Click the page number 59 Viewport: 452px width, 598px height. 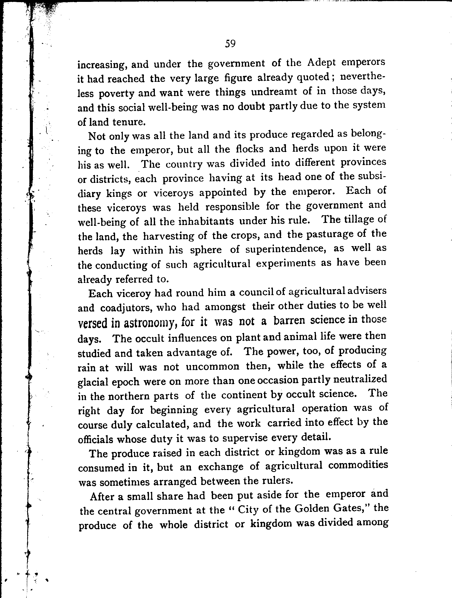tap(230, 43)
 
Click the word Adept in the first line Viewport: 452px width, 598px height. tap(321, 63)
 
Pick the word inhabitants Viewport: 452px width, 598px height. tap(206, 221)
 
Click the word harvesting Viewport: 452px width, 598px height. tap(168, 236)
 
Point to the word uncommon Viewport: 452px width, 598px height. tap(213, 367)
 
